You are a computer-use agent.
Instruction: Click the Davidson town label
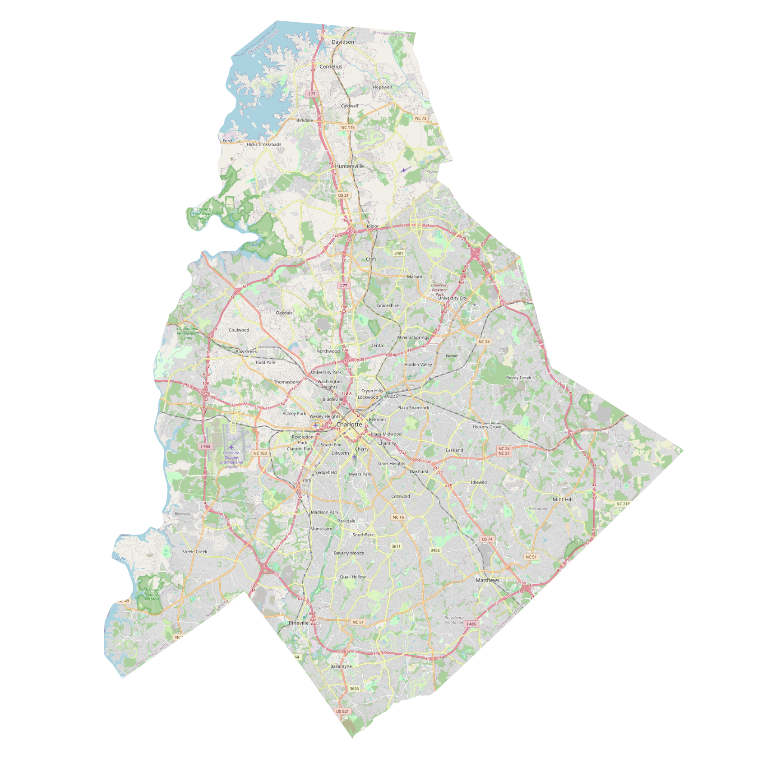(343, 42)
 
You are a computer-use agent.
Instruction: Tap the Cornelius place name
(331, 66)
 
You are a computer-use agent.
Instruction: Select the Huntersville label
(349, 166)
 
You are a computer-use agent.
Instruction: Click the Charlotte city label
(349, 424)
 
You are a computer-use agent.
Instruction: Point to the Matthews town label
(487, 580)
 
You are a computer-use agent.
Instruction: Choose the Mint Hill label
(562, 499)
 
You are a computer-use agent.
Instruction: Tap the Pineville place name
(299, 623)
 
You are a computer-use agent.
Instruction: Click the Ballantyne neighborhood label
(341, 666)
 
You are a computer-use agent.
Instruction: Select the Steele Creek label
(194, 551)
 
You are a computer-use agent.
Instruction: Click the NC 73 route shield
(420, 118)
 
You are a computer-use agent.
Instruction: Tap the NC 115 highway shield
(348, 127)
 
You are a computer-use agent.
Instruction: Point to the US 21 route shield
(343, 195)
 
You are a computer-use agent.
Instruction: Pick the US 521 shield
(342, 711)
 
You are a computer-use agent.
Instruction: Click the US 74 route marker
(487, 539)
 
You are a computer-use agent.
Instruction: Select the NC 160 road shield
(260, 453)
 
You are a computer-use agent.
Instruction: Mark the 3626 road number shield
(354, 688)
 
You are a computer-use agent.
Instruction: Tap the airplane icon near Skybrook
(403, 170)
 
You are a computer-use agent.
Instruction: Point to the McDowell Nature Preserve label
(152, 594)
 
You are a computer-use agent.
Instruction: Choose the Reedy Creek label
(518, 378)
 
